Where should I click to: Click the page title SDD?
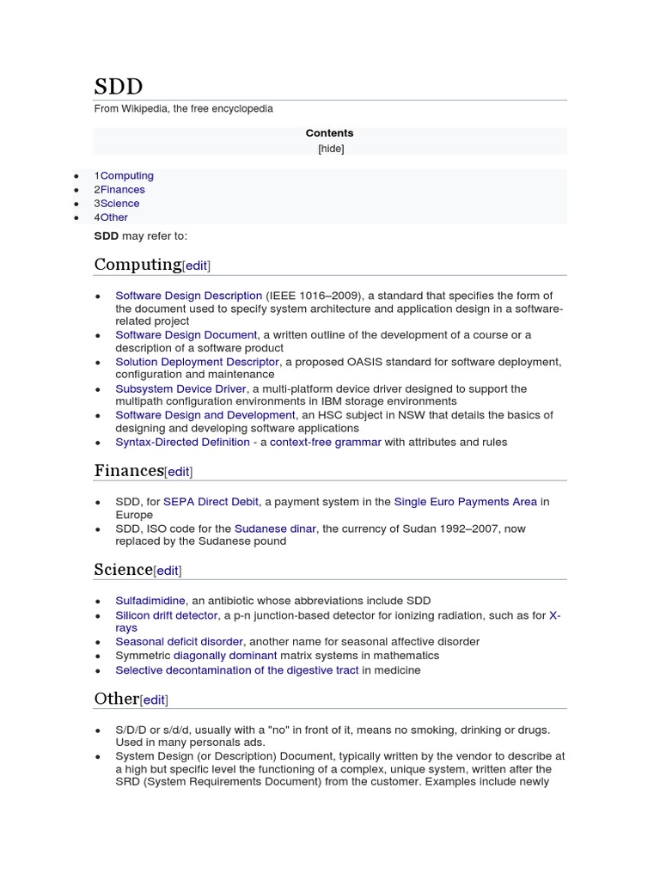pos(119,87)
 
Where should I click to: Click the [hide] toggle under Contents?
pos(330,148)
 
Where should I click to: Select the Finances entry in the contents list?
pos(123,189)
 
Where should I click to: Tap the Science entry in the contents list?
pos(119,203)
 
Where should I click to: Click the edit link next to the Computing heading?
pos(197,266)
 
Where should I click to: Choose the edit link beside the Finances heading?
pos(179,472)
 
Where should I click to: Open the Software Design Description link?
pos(188,296)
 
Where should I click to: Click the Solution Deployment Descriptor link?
pos(197,362)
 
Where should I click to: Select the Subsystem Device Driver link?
pos(180,388)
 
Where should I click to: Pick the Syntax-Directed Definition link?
pos(182,442)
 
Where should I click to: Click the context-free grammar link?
pos(325,442)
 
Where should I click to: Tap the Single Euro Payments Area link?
pos(465,501)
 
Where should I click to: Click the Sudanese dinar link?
pos(275,529)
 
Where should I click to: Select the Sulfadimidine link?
pos(150,601)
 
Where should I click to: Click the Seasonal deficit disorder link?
pos(180,641)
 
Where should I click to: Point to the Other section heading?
pos(116,698)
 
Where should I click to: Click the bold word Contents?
pos(330,133)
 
